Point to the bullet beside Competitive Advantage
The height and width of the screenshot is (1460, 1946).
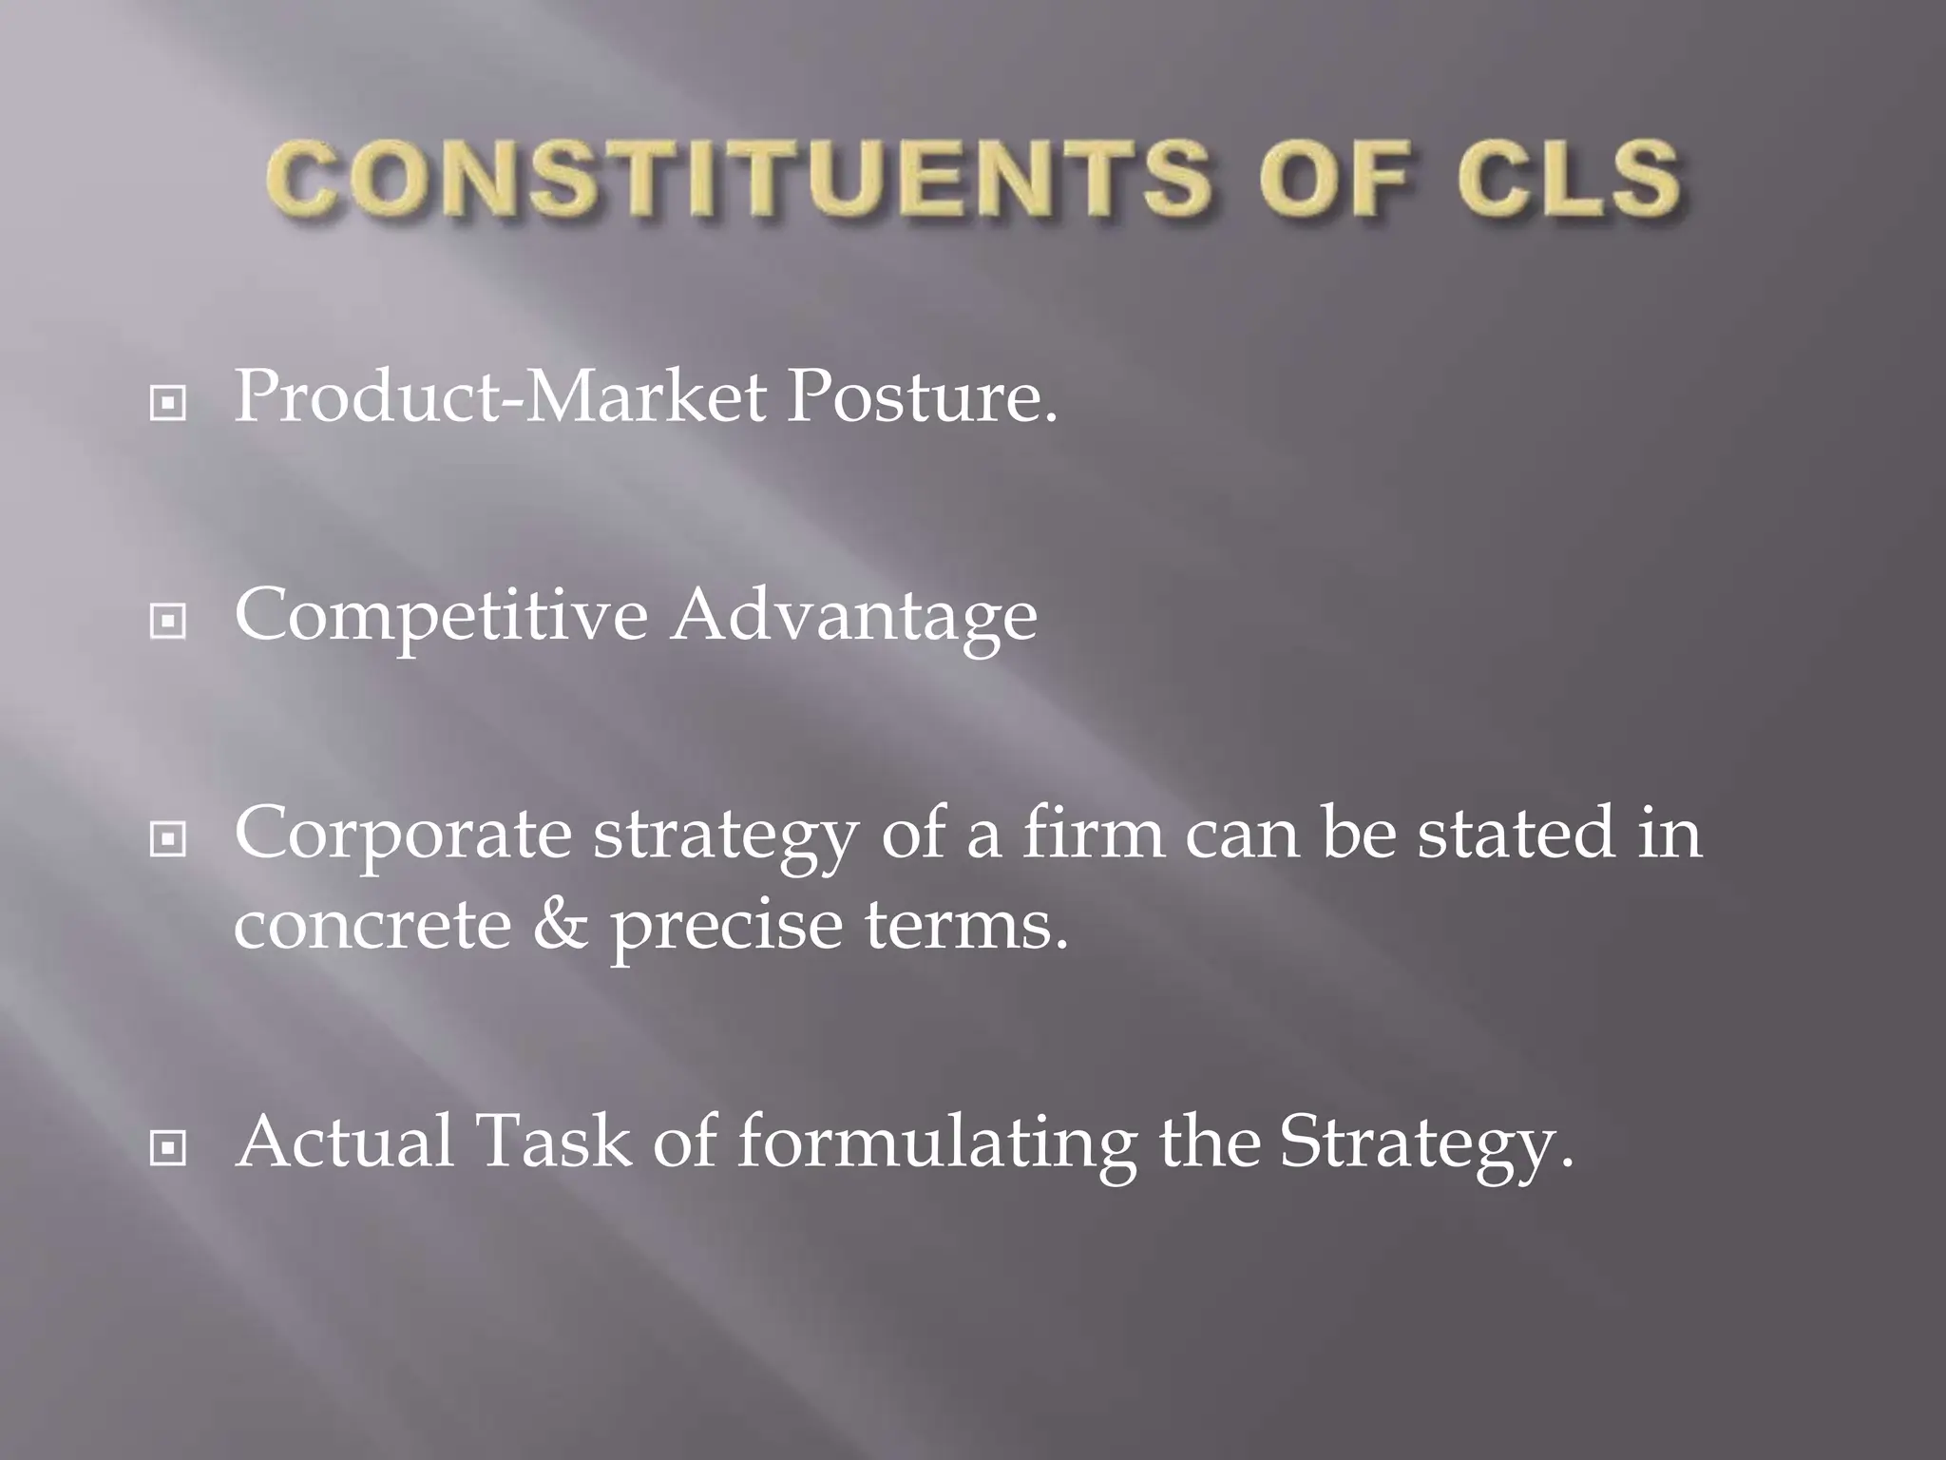tap(168, 623)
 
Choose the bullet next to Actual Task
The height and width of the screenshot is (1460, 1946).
tap(168, 1149)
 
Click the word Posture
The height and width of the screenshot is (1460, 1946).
tap(921, 397)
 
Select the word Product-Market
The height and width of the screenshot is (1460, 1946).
tap(500, 397)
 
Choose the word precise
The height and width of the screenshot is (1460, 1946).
tap(726, 928)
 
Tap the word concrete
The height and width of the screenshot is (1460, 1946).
tap(372, 926)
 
